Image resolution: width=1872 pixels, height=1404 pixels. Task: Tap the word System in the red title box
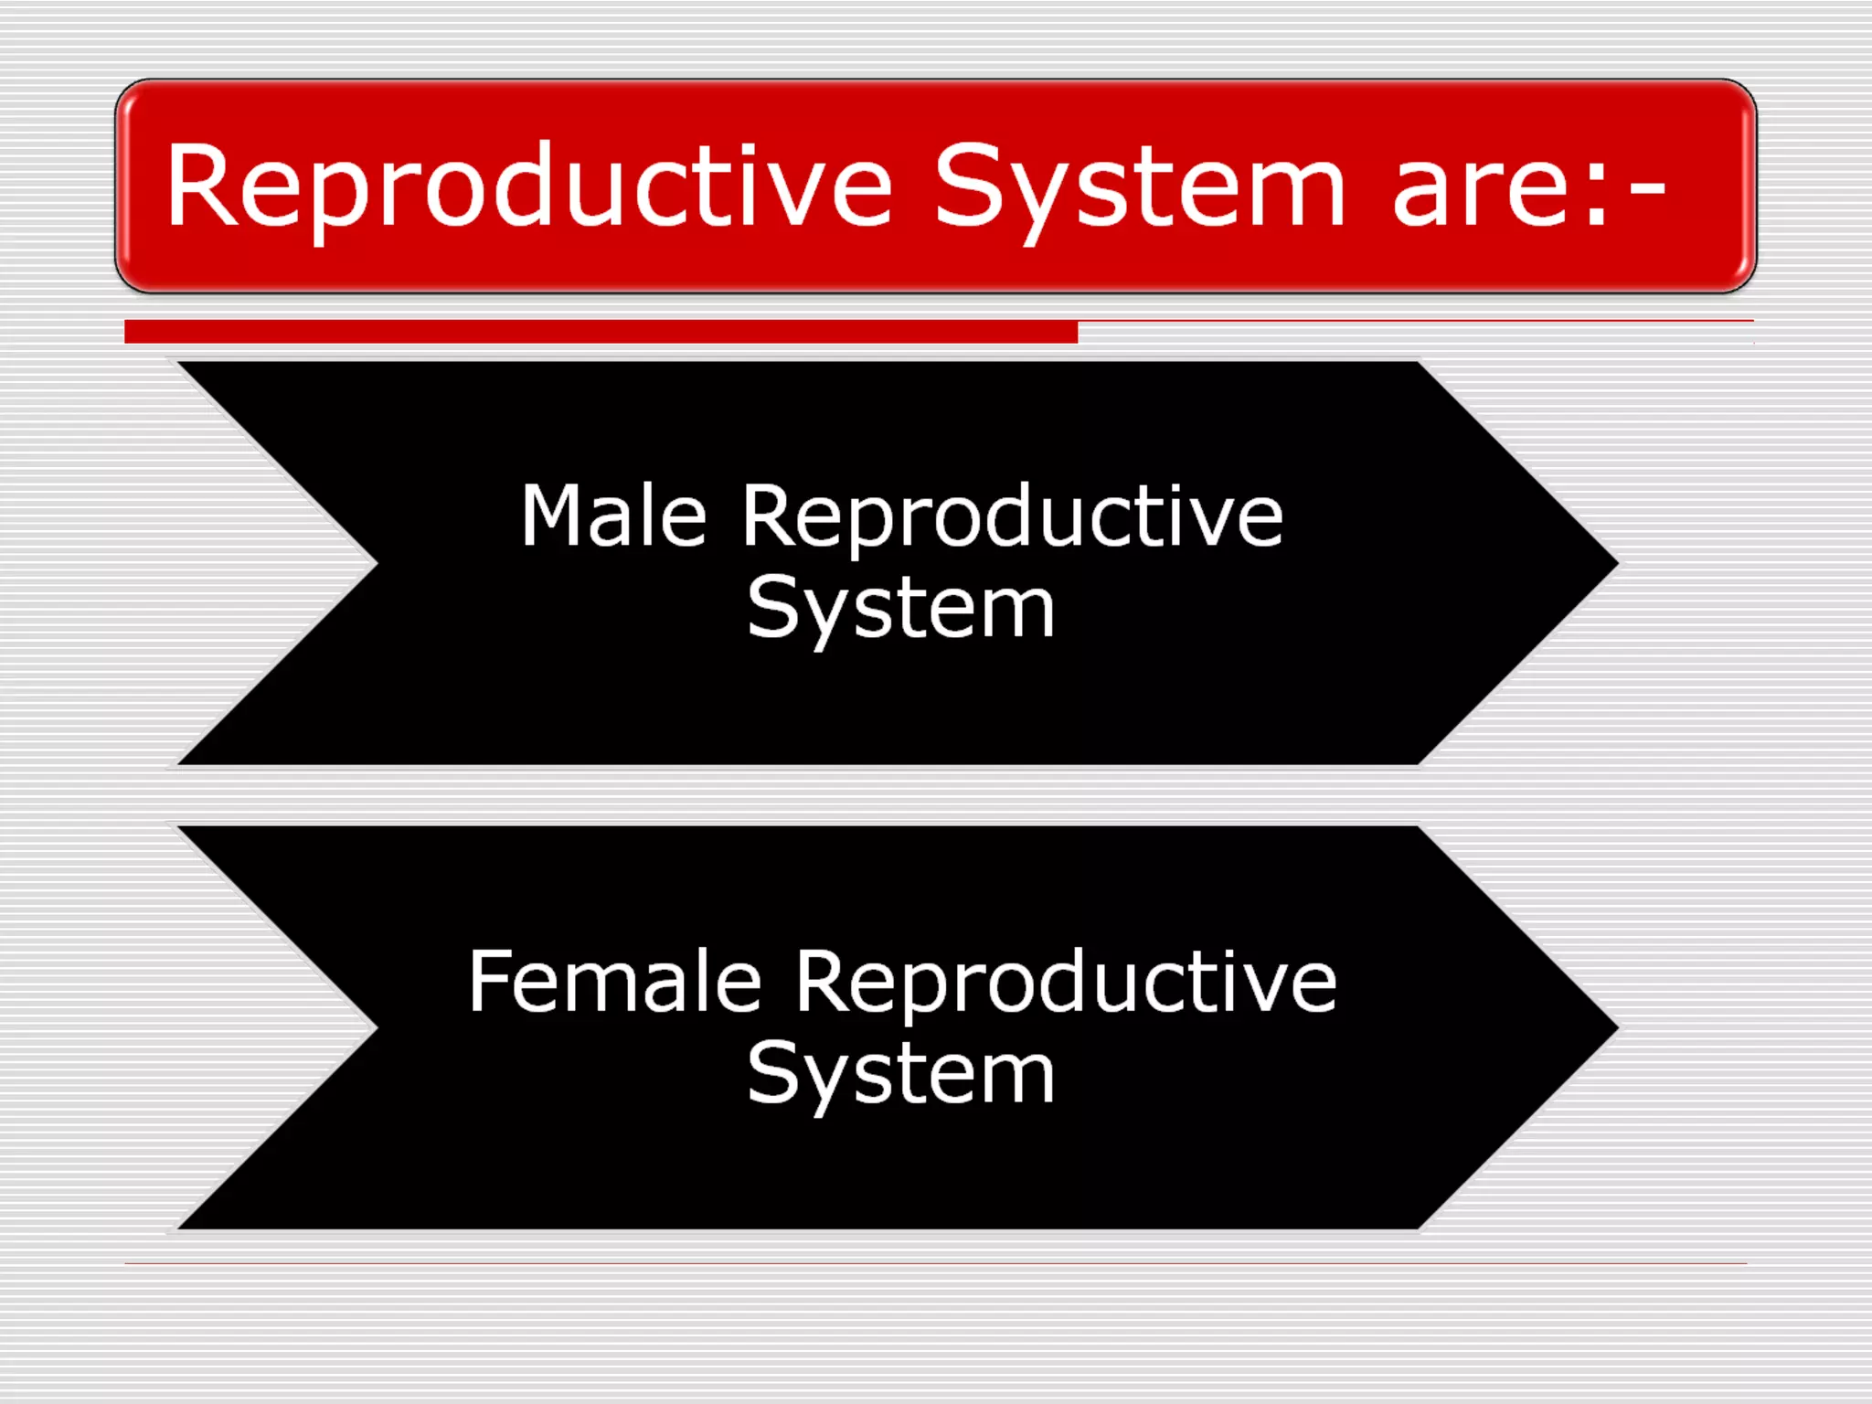pos(1138,187)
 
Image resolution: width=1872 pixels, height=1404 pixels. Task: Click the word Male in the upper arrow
pos(613,517)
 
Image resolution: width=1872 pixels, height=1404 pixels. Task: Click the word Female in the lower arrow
pos(614,982)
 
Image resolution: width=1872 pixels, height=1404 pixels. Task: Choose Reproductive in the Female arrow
pos(1065,984)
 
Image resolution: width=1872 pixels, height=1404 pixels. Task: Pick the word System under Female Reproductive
pos(900,1075)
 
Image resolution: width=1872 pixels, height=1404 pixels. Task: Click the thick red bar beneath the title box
pos(601,332)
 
